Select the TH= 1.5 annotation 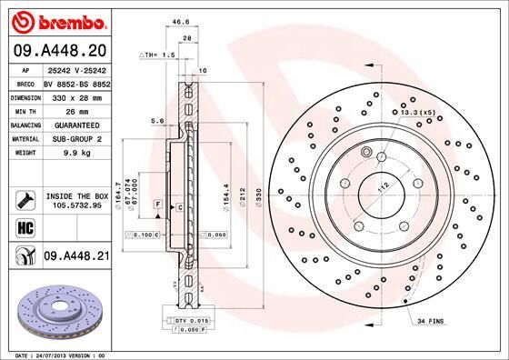pyautogui.click(x=156, y=55)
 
